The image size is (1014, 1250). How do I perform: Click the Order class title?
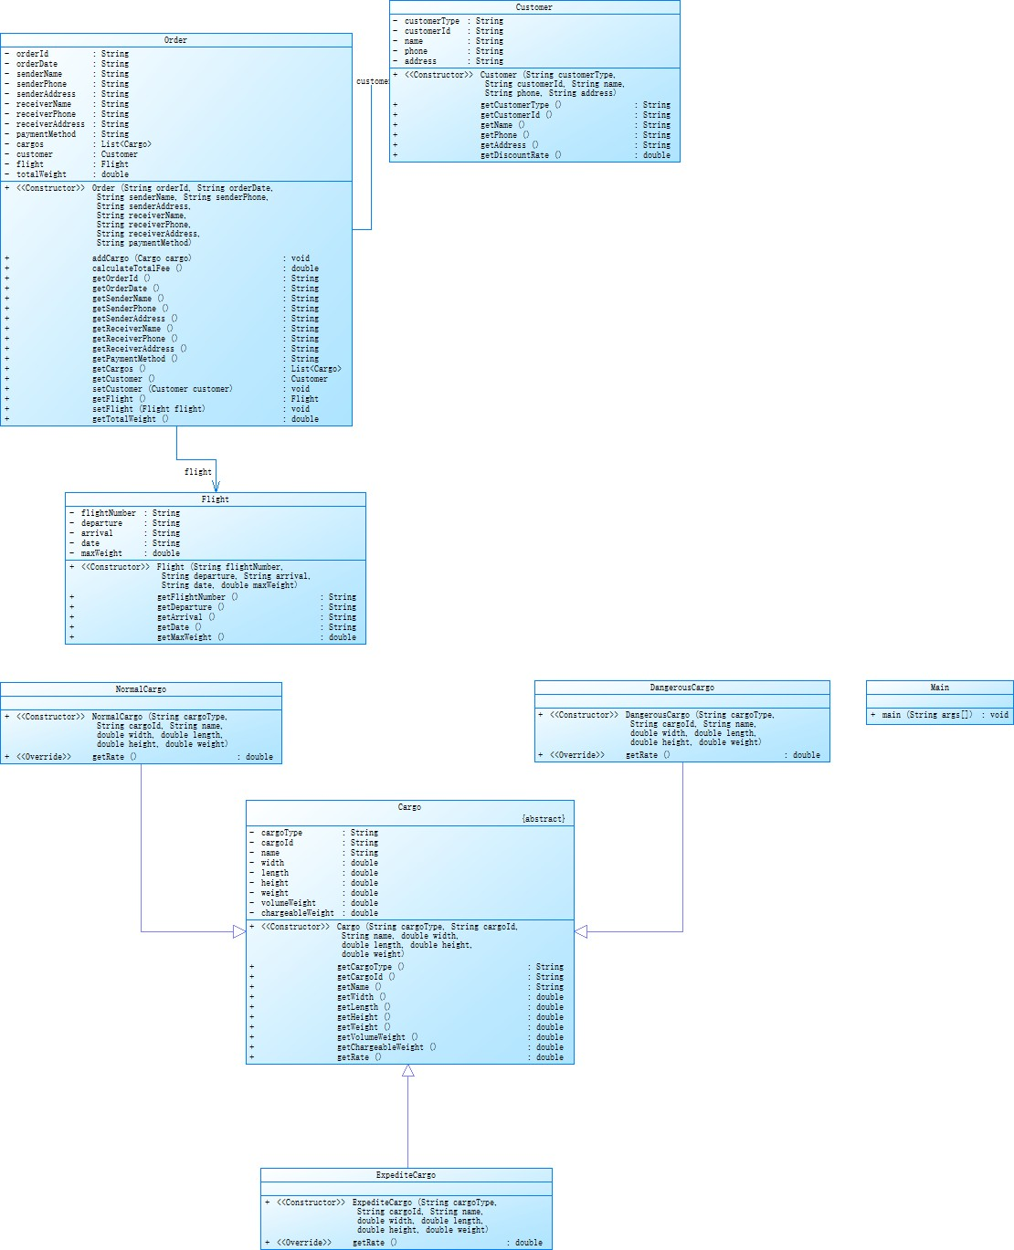point(175,40)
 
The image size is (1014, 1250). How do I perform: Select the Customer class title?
point(533,7)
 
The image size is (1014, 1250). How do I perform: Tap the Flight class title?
point(215,499)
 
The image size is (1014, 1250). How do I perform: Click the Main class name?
point(939,688)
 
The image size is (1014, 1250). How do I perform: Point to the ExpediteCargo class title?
point(406,1175)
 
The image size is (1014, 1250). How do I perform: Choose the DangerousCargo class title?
point(681,688)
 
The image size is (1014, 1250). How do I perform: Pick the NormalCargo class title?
point(141,689)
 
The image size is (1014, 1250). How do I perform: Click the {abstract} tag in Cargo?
point(543,819)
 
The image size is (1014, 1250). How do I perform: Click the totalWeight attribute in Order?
point(41,174)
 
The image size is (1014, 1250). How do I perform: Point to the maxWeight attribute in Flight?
point(101,553)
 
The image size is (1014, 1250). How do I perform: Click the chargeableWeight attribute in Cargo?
point(298,913)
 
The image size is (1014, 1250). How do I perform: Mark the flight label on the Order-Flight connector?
point(198,472)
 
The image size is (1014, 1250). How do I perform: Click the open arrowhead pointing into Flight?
point(216,487)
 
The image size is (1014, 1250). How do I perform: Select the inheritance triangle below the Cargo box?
point(408,1071)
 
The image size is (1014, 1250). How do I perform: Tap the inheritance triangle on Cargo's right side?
point(581,931)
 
